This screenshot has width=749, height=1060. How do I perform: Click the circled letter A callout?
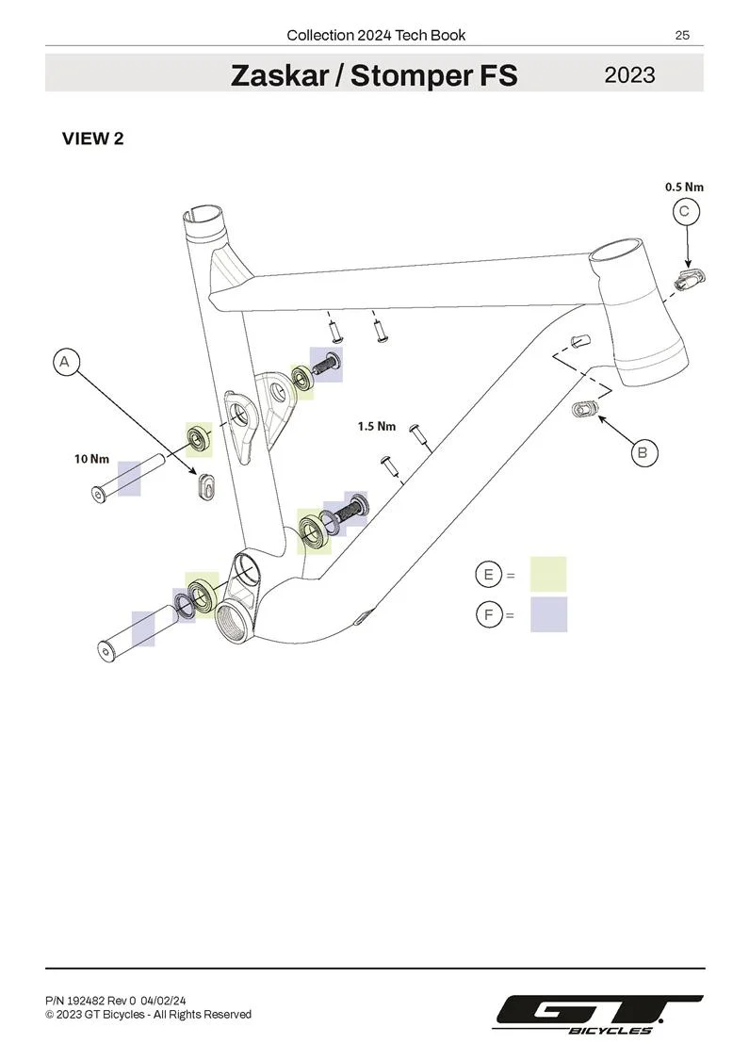pyautogui.click(x=65, y=362)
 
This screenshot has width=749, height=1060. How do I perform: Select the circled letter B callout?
pyautogui.click(x=643, y=452)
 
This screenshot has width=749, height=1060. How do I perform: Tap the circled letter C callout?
pyautogui.click(x=686, y=212)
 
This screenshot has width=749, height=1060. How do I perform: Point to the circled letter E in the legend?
pyautogui.click(x=489, y=575)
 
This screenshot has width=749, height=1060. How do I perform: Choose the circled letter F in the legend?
pyautogui.click(x=489, y=614)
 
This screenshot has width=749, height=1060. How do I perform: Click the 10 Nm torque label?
pyautogui.click(x=92, y=459)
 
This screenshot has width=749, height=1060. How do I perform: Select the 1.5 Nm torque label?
pyautogui.click(x=377, y=426)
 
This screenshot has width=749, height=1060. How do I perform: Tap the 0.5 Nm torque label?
pyautogui.click(x=684, y=187)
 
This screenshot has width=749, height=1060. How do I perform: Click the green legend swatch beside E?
pyautogui.click(x=548, y=574)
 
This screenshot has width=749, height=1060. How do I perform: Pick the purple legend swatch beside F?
pyautogui.click(x=548, y=613)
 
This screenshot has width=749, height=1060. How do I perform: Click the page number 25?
pyautogui.click(x=682, y=35)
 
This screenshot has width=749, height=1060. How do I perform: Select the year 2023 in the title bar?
pyautogui.click(x=629, y=74)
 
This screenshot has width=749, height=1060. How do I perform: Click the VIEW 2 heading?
pyautogui.click(x=93, y=139)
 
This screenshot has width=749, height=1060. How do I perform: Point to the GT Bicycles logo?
pyautogui.click(x=599, y=1015)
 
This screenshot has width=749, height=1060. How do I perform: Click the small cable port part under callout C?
pyautogui.click(x=691, y=279)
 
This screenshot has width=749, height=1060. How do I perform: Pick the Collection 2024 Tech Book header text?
pyautogui.click(x=376, y=35)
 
